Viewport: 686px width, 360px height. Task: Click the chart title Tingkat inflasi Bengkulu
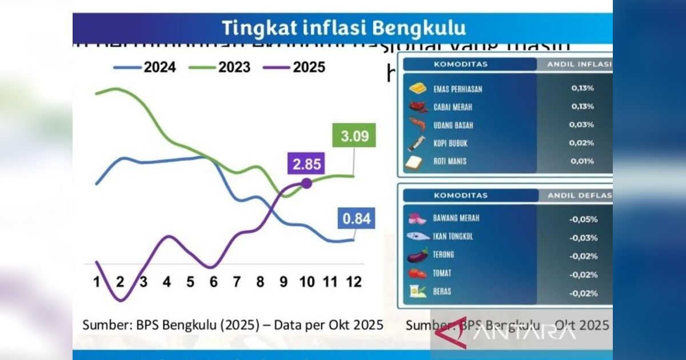343,27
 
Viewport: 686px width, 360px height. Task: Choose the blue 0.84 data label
356,218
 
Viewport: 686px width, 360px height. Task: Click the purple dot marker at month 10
306,183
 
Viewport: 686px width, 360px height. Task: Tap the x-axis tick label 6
214,282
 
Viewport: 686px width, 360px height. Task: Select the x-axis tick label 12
354,282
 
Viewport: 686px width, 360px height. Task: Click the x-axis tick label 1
97,282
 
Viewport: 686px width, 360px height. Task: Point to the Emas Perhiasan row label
457,89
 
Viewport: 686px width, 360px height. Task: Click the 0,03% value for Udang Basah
582,125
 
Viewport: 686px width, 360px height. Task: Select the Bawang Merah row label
456,218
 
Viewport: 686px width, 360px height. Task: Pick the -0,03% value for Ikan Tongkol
583,238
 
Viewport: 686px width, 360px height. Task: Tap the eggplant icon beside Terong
418,255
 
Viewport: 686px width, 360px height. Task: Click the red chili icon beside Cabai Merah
418,107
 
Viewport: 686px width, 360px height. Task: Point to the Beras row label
442,291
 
